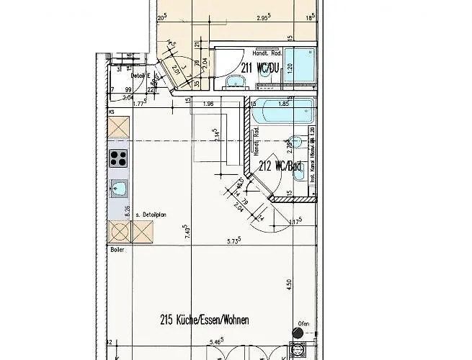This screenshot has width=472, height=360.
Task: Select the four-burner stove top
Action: [x=118, y=159]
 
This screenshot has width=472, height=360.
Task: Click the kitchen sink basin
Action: [x=119, y=189]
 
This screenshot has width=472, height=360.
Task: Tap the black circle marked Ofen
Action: [x=297, y=333]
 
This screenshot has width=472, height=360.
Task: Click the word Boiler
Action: [x=116, y=250]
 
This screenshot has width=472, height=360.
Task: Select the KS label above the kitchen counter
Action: [x=112, y=113]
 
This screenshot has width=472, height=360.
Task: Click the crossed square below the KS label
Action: [x=118, y=127]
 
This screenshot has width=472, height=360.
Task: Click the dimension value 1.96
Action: [x=209, y=104]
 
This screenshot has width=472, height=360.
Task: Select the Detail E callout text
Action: [x=140, y=75]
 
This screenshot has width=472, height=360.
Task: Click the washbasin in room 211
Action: [x=235, y=83]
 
